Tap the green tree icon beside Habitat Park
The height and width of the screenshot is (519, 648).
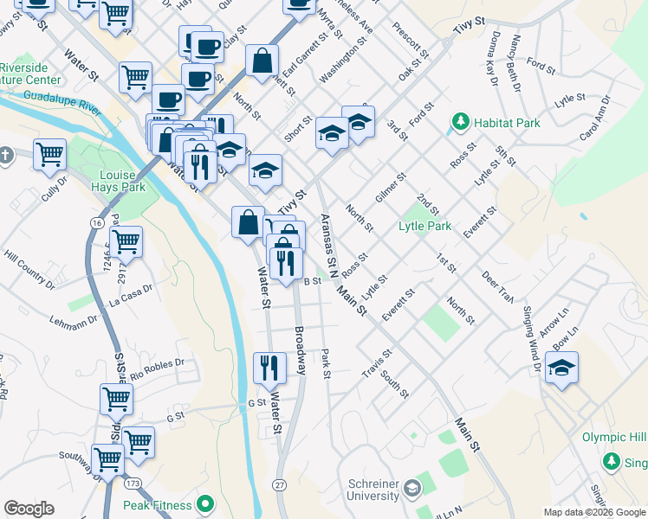tap(458, 124)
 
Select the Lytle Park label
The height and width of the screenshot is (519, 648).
tap(424, 227)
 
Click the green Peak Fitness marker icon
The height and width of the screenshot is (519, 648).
tap(205, 503)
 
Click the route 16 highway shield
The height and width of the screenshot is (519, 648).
tap(95, 222)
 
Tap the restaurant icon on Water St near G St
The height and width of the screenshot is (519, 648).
tap(269, 367)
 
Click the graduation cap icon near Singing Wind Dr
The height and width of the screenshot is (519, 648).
tap(561, 368)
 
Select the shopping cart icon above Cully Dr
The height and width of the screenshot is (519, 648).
tap(49, 154)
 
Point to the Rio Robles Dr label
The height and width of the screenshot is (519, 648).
tap(157, 368)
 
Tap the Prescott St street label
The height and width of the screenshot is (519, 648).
tap(410, 41)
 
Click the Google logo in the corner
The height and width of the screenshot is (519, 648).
tap(29, 509)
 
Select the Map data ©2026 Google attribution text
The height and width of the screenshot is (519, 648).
tap(595, 512)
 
